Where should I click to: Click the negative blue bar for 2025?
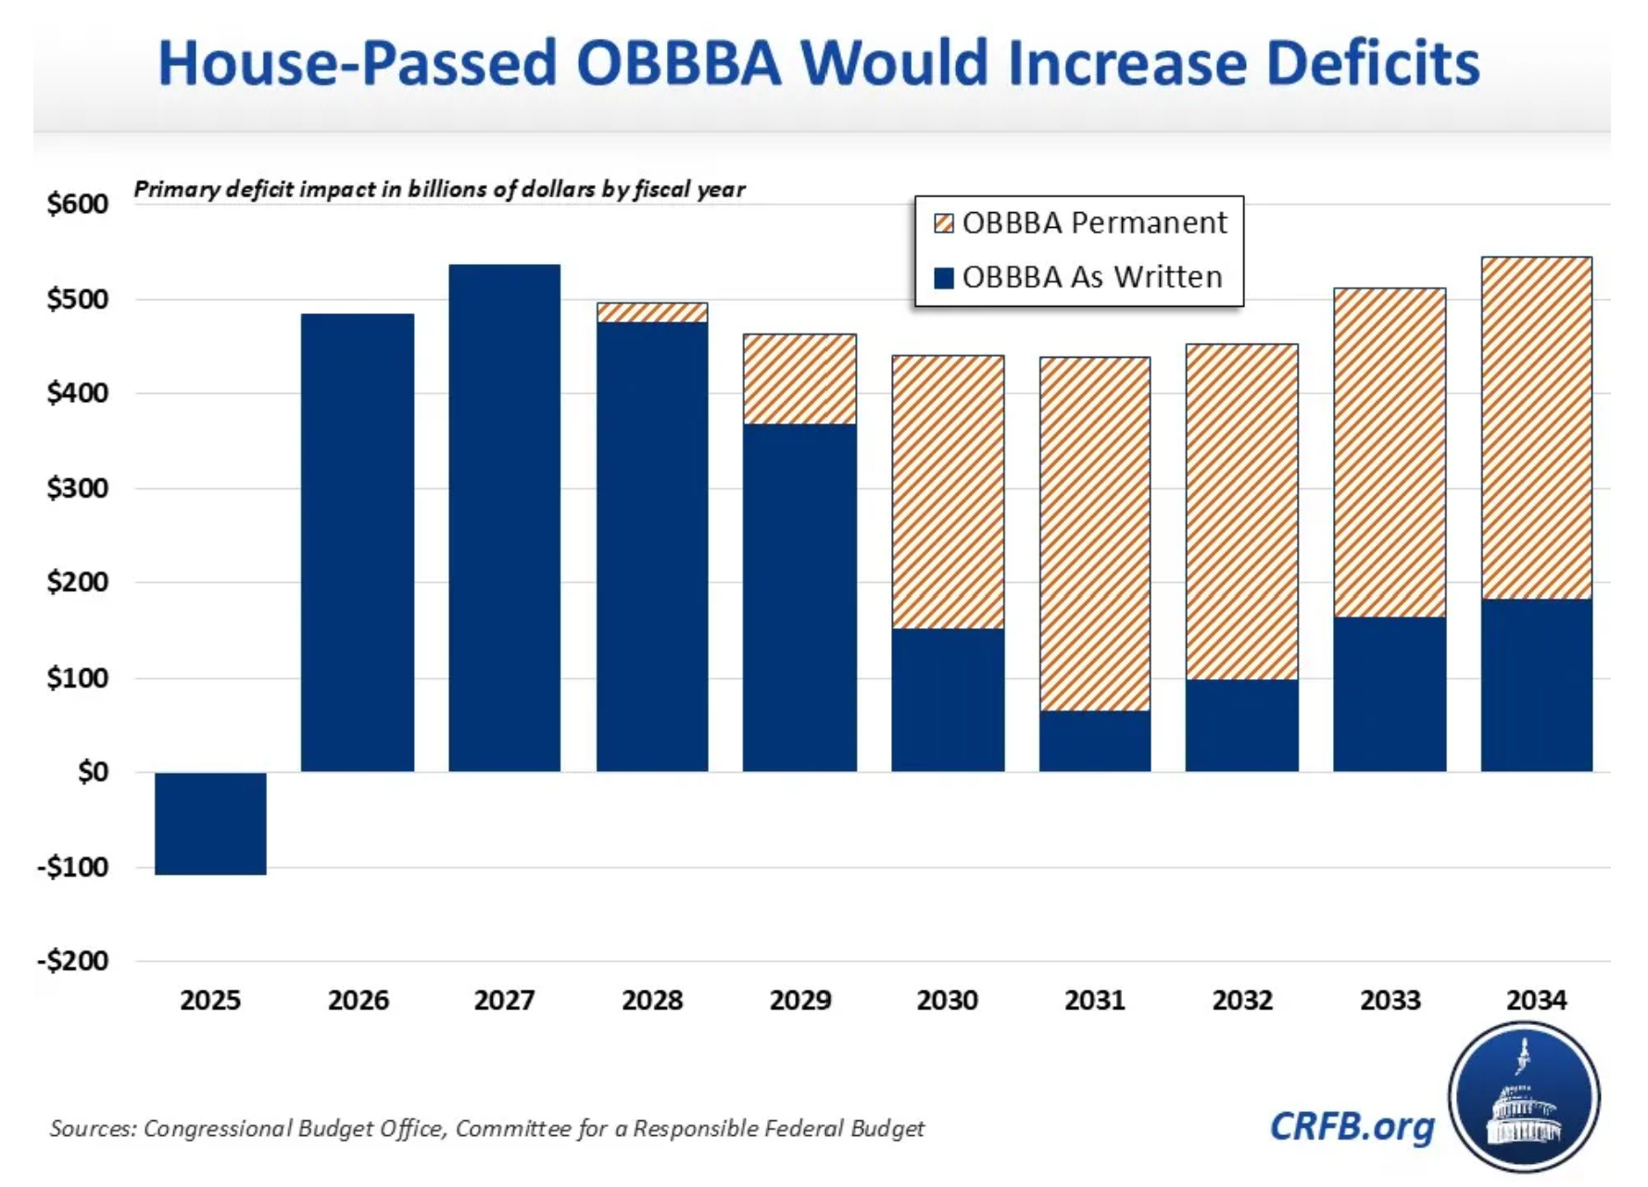coord(210,823)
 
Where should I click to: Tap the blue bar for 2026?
coord(358,542)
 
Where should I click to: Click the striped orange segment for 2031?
coord(1095,534)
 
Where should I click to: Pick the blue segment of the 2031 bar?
coord(1095,740)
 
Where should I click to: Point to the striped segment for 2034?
coord(1536,428)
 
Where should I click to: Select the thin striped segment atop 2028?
coord(652,312)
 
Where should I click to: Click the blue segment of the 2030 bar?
coord(948,700)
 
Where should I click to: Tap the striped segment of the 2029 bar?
coord(799,379)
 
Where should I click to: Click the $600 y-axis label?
coord(78,203)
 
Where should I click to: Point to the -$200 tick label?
coord(73,960)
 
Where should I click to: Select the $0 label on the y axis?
coord(93,771)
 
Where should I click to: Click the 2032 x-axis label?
coord(1242,1000)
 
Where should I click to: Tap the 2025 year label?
coord(210,1000)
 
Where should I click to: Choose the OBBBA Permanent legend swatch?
coord(943,223)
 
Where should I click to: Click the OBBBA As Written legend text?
coord(1092,277)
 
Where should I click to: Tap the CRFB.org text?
coord(1352,1126)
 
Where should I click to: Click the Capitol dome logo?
coord(1524,1098)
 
